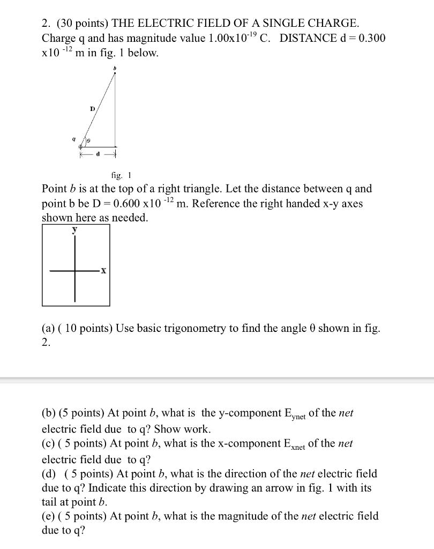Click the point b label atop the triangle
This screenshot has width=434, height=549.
114,69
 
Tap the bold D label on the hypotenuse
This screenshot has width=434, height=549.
92,109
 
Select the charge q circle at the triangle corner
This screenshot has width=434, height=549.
81,146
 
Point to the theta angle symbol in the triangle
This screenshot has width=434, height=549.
89,140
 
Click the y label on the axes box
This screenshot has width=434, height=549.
75,229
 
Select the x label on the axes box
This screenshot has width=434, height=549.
103,271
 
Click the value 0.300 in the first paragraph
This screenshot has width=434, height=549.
370,39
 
